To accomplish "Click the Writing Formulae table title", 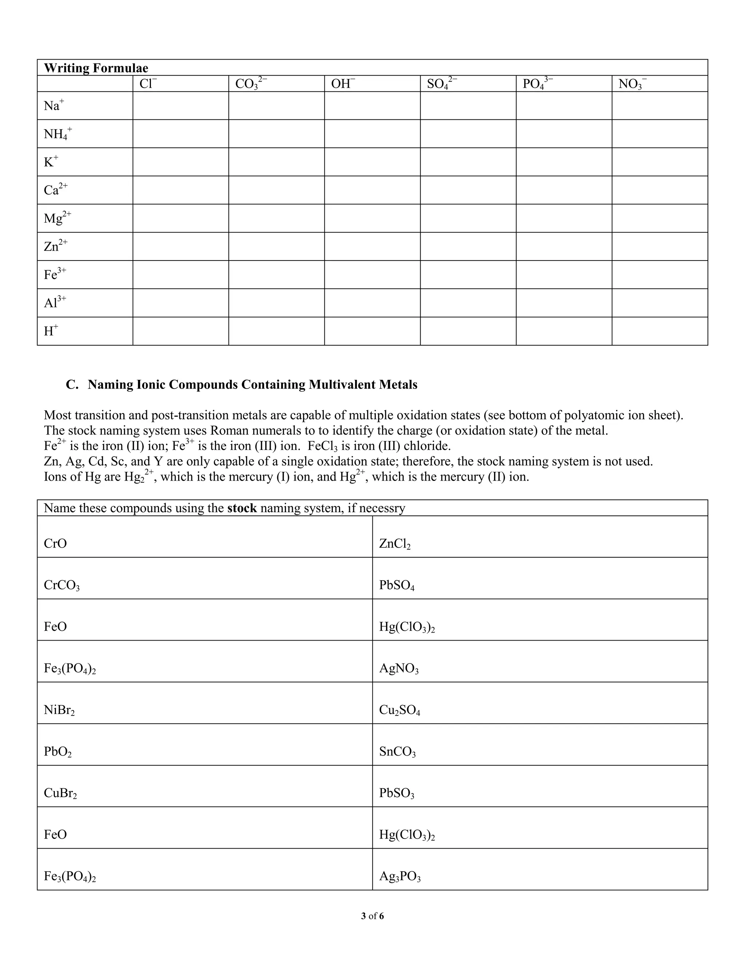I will click(x=96, y=68).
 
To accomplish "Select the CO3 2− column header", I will click(x=251, y=83).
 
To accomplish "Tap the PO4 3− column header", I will click(x=538, y=83).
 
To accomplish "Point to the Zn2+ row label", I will click(x=56, y=246).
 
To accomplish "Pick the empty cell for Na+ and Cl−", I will click(x=180, y=106).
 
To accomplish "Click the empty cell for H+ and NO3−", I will click(x=660, y=331).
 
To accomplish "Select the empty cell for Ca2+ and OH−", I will click(x=372, y=190).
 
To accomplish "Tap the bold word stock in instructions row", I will click(x=242, y=508).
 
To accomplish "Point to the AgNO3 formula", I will click(x=399, y=669).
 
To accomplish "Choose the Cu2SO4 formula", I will click(x=399, y=710).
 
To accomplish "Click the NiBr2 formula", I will click(x=59, y=710).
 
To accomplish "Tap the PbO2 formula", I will click(x=57, y=752).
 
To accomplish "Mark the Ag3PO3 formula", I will click(x=399, y=877).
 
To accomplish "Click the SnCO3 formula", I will click(x=397, y=752).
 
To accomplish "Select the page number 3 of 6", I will click(x=372, y=916).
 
